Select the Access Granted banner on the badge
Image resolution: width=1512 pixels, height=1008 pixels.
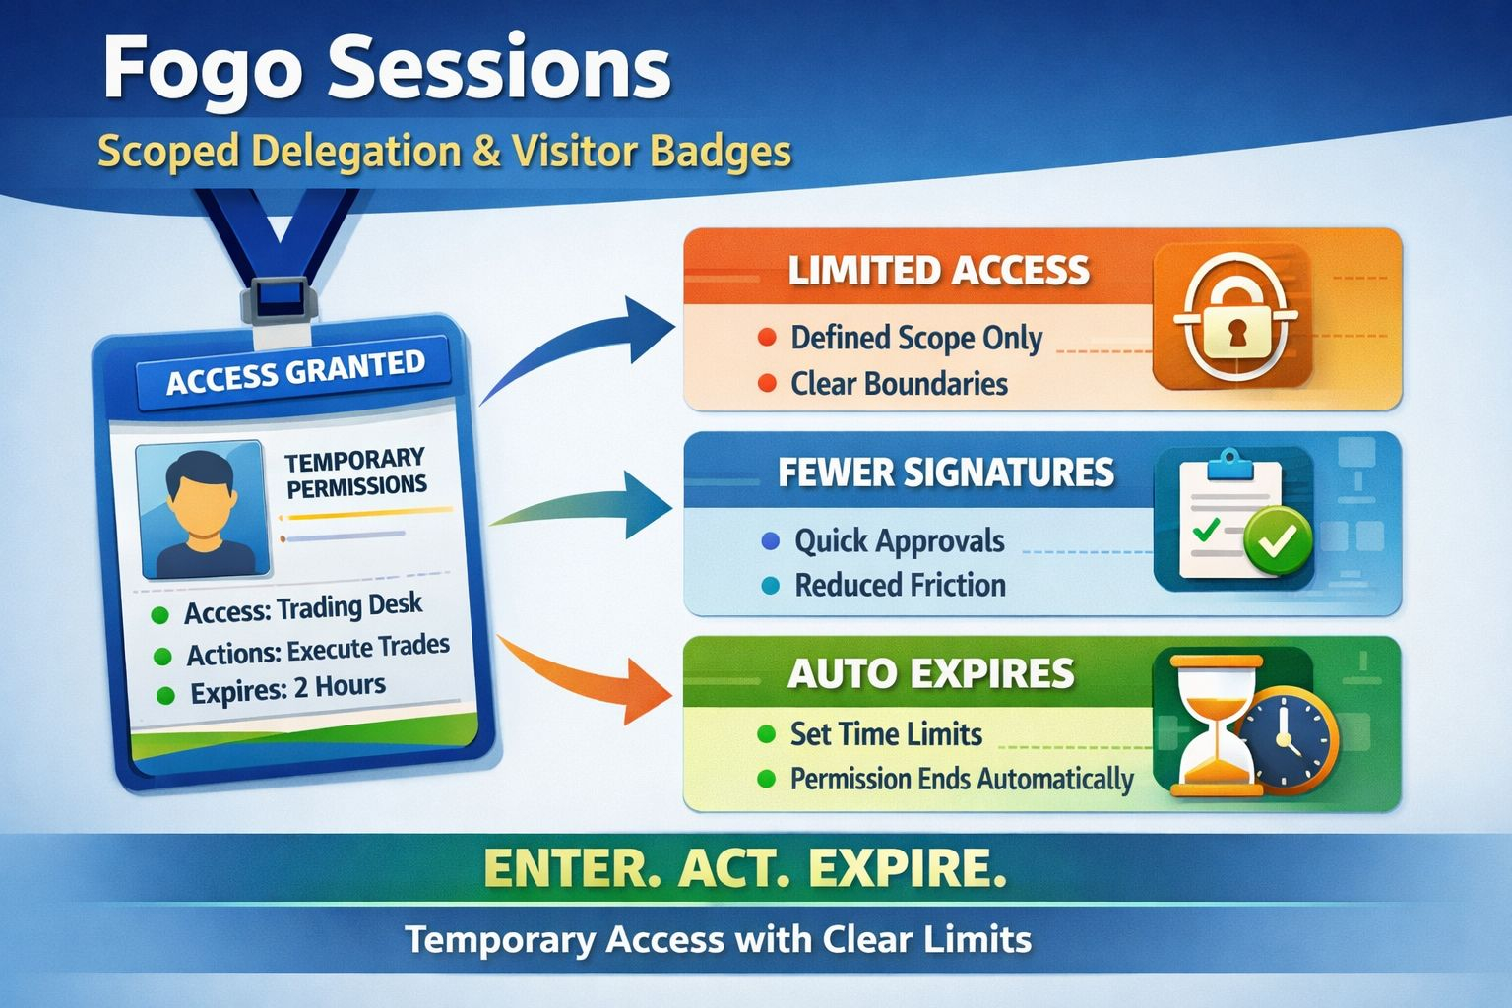point(294,373)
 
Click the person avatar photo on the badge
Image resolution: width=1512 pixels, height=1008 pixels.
point(203,510)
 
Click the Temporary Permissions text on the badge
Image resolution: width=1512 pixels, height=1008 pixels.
point(355,473)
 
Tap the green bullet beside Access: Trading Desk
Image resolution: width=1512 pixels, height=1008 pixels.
point(160,615)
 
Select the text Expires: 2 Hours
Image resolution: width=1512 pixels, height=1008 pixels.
point(288,689)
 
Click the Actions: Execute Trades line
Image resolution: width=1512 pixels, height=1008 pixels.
point(318,650)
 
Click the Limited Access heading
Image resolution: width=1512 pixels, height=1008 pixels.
point(938,270)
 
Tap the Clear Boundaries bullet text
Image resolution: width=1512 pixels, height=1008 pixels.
point(899,384)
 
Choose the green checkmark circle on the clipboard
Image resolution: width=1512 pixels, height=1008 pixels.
point(1277,540)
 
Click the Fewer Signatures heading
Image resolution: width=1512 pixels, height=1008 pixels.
point(946,472)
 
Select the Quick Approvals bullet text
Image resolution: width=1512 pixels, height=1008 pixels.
point(899,541)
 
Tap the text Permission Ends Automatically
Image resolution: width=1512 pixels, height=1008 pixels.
point(962,779)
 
